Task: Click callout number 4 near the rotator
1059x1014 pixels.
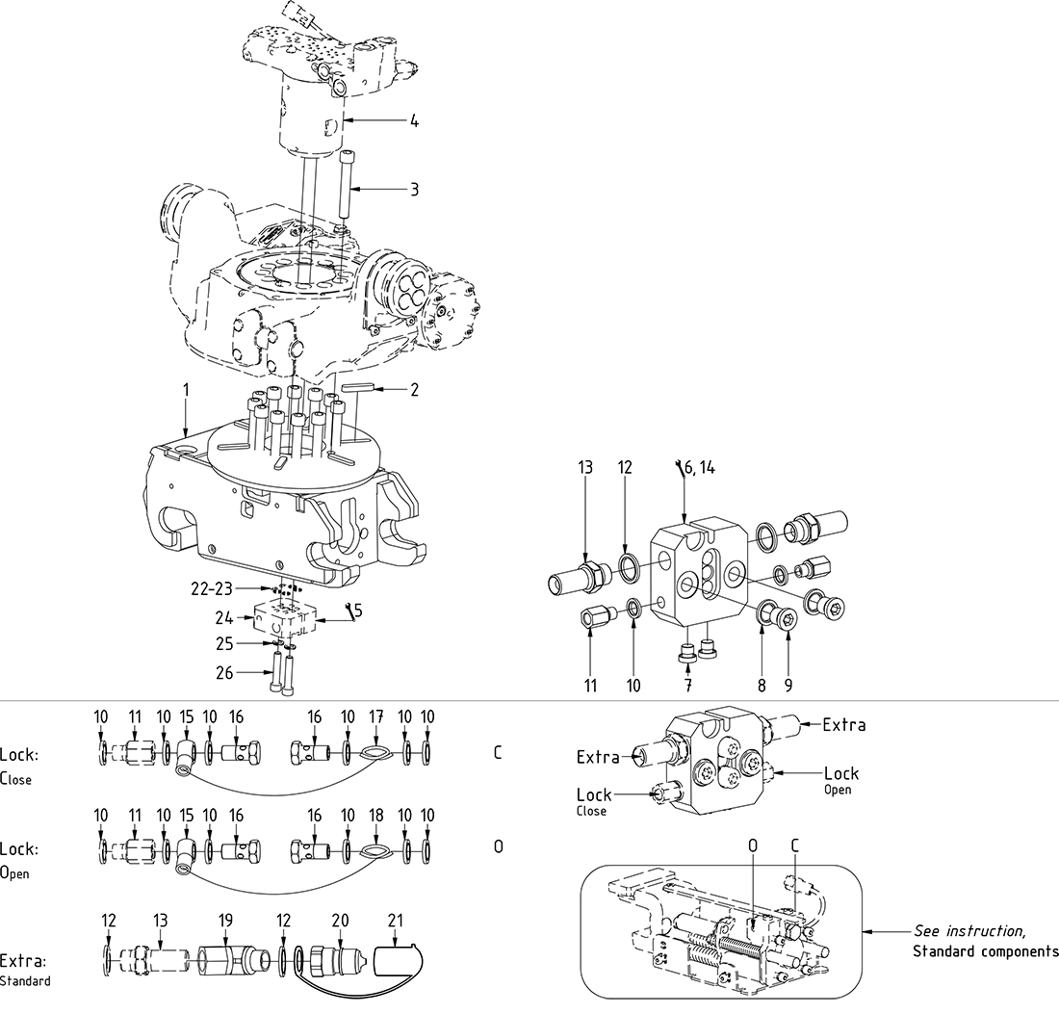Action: point(414,121)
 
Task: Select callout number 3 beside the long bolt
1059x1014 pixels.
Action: point(414,190)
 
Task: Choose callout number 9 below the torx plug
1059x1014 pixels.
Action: point(788,686)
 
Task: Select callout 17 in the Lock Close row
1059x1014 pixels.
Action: point(375,716)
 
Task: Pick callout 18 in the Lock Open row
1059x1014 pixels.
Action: point(375,814)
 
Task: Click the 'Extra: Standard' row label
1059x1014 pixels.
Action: point(26,969)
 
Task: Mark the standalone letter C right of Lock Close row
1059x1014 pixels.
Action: point(498,752)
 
